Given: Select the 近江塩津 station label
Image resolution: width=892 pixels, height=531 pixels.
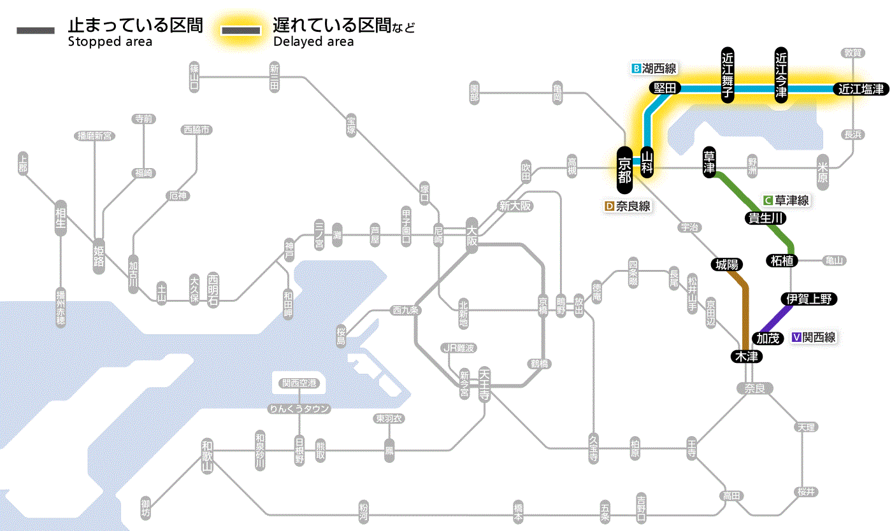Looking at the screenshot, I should point(861,89).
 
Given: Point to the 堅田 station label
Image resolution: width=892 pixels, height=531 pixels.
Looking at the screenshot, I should point(665,88).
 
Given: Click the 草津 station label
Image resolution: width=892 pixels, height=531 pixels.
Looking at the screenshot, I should point(709,163).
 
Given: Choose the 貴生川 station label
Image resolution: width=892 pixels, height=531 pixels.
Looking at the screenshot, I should point(766,218).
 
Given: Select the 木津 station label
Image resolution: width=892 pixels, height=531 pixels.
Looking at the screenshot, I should point(746,357).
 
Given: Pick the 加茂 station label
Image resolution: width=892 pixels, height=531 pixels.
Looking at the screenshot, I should point(768,338).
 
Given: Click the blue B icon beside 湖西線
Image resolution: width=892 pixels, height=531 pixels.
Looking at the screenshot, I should point(635,68).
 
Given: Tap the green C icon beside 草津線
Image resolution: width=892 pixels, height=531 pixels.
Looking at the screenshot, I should point(768,200).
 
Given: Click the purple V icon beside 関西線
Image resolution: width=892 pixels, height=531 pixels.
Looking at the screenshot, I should point(796,337).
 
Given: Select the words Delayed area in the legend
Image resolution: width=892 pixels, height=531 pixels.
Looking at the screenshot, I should point(313,42).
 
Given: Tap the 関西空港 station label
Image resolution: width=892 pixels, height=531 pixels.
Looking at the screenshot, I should point(299,383).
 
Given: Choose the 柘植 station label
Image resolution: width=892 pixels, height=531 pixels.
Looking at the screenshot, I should point(780,260).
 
